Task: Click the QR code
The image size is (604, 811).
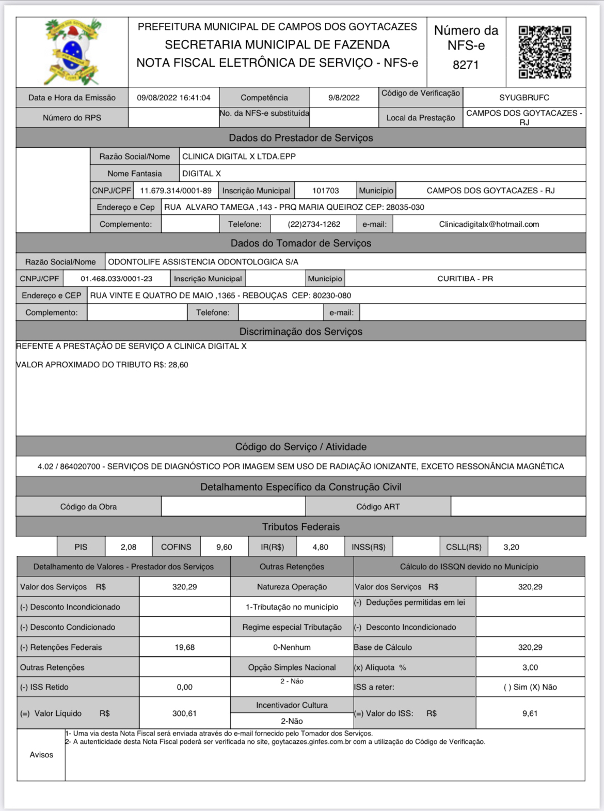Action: (x=545, y=52)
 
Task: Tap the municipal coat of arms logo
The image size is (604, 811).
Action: (x=72, y=52)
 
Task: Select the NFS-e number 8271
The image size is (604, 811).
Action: (x=466, y=65)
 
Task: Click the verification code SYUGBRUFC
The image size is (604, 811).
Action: (x=524, y=98)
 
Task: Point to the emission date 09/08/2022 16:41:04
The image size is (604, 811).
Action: (x=173, y=98)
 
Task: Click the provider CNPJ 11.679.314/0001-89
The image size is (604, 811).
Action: (x=176, y=191)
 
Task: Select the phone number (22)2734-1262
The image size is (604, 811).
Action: (x=314, y=224)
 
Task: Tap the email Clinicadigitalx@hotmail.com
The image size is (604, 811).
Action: (x=489, y=224)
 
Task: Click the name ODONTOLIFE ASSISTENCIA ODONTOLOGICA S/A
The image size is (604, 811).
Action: (x=203, y=262)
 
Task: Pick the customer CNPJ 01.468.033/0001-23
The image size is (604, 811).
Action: (x=117, y=278)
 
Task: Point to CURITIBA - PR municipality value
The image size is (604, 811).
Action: (x=465, y=278)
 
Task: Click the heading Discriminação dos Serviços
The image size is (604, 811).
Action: (x=301, y=332)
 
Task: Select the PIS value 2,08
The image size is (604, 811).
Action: (x=129, y=547)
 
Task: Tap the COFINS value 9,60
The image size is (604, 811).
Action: (x=224, y=547)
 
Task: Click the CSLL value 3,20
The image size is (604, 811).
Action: (x=511, y=547)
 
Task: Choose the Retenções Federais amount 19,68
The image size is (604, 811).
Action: (x=184, y=647)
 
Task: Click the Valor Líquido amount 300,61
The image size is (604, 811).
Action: (x=184, y=713)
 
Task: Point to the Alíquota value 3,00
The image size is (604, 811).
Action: (x=530, y=667)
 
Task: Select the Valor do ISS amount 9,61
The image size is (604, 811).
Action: (x=530, y=713)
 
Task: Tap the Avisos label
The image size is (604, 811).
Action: (x=41, y=755)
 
